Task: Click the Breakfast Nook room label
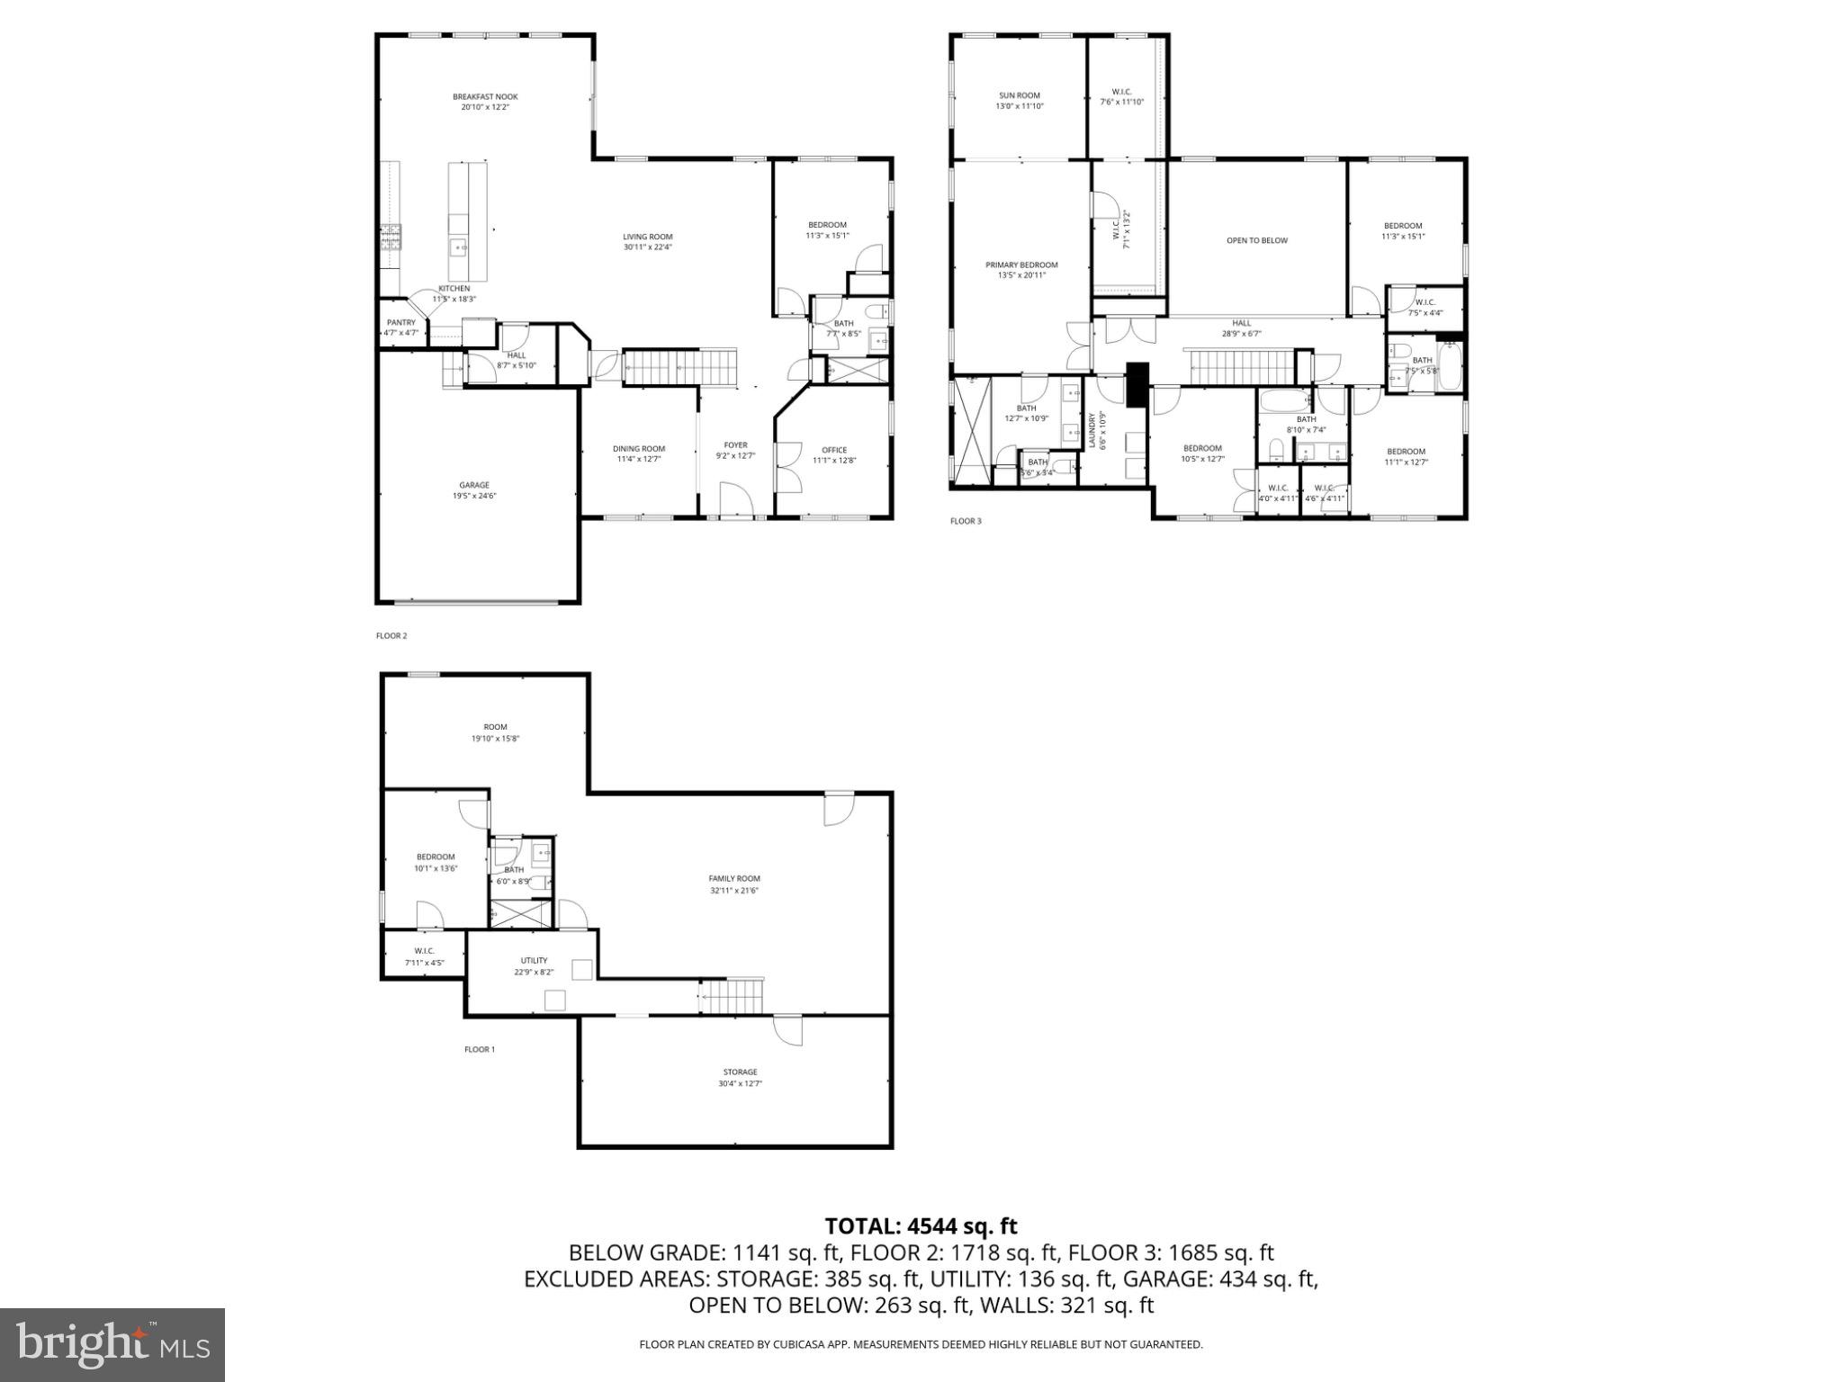[x=485, y=97]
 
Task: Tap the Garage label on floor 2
[x=474, y=486]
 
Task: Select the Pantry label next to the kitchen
[x=401, y=323]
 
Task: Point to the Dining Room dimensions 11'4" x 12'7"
[x=639, y=460]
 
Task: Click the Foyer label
[x=735, y=445]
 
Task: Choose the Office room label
[x=834, y=451]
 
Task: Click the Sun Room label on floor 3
[x=1020, y=95]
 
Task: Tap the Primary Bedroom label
[x=1021, y=265]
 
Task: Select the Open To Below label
[x=1257, y=241]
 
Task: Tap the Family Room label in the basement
[x=734, y=879]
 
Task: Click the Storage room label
[x=740, y=1072]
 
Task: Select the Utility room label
[x=534, y=961]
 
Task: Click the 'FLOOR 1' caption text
[x=480, y=1049]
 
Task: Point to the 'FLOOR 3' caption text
[x=966, y=521]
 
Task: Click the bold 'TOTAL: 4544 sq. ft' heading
[x=921, y=1226]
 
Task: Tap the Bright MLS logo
[x=112, y=1345]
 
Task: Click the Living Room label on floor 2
[x=648, y=238]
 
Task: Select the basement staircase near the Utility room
[x=732, y=996]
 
